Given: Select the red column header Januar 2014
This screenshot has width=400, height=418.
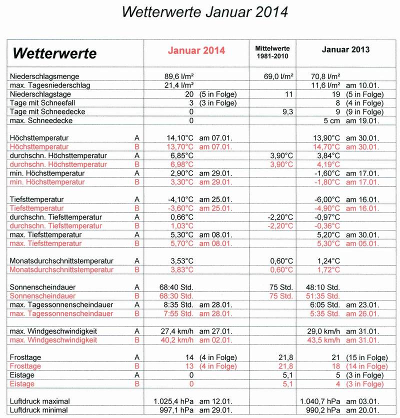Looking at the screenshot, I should click(196, 50).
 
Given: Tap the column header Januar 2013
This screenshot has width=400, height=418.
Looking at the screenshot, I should click(345, 50).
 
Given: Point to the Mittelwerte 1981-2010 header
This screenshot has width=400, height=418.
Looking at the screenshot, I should click(272, 51).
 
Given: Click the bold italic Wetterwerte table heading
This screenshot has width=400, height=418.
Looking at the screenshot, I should click(54, 53).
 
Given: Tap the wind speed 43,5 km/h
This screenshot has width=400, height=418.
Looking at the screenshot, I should click(326, 340).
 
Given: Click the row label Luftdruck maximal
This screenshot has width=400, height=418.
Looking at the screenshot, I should click(40, 401).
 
